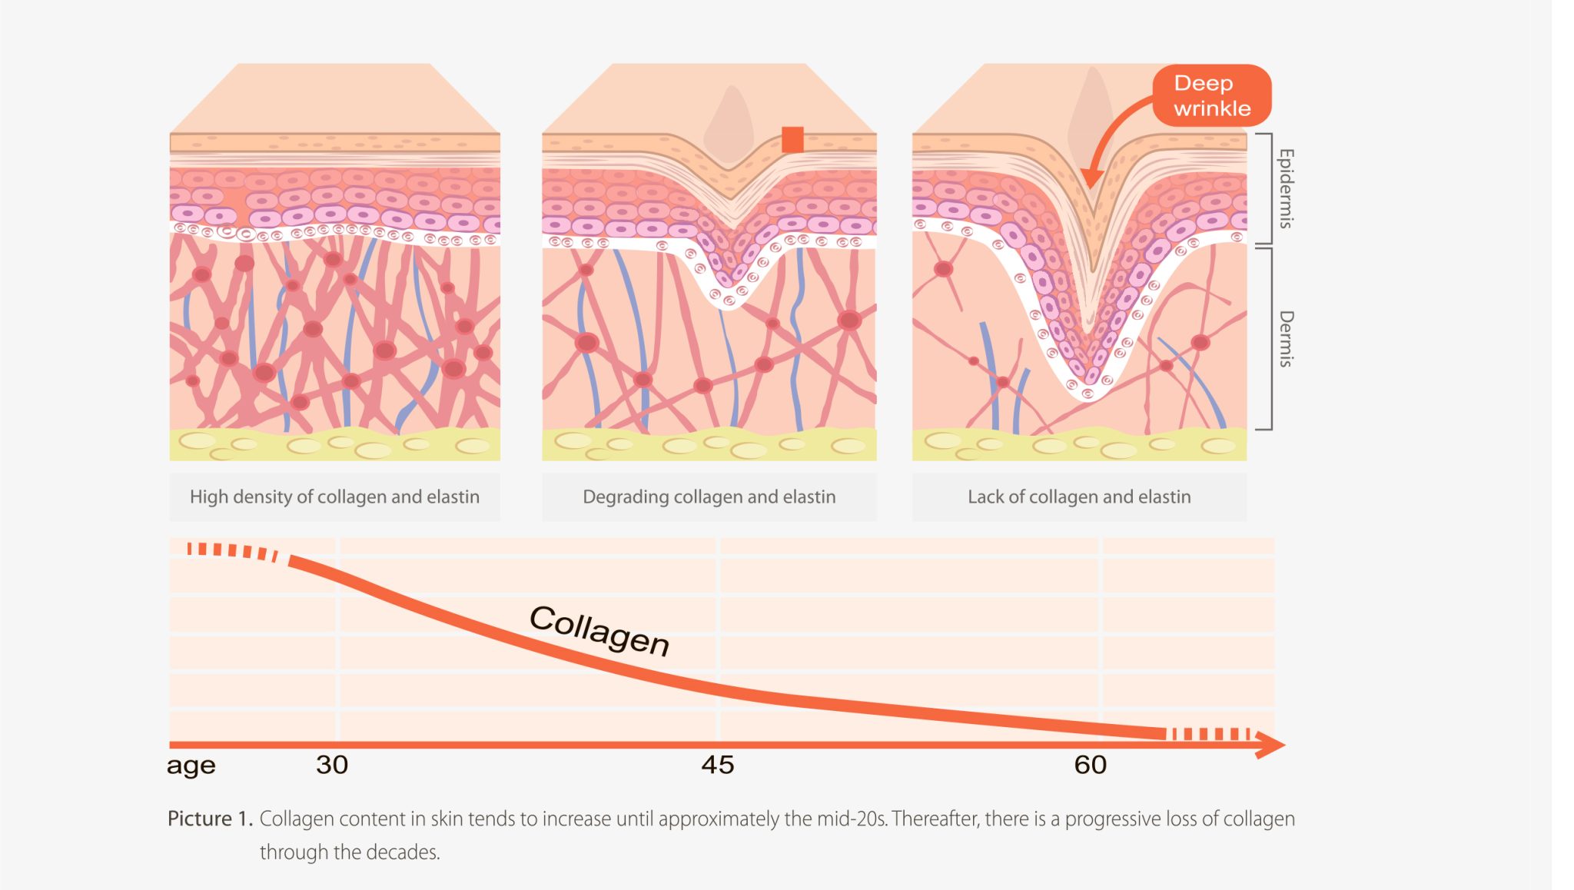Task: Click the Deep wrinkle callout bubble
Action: pyautogui.click(x=1211, y=95)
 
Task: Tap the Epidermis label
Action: pyautogui.click(x=1286, y=188)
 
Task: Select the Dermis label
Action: pyautogui.click(x=1286, y=339)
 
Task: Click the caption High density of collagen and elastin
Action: pyautogui.click(x=334, y=496)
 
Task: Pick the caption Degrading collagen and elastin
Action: pyautogui.click(x=709, y=496)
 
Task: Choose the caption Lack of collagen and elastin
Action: pyautogui.click(x=1079, y=496)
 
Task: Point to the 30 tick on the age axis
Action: pyautogui.click(x=332, y=765)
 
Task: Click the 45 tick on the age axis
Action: pyautogui.click(x=718, y=765)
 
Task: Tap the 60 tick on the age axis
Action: pyautogui.click(x=1090, y=765)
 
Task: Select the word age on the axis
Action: pyautogui.click(x=191, y=766)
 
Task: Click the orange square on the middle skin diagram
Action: pyautogui.click(x=792, y=140)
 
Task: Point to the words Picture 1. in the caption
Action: pyautogui.click(x=210, y=819)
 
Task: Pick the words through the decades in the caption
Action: pyautogui.click(x=350, y=852)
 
